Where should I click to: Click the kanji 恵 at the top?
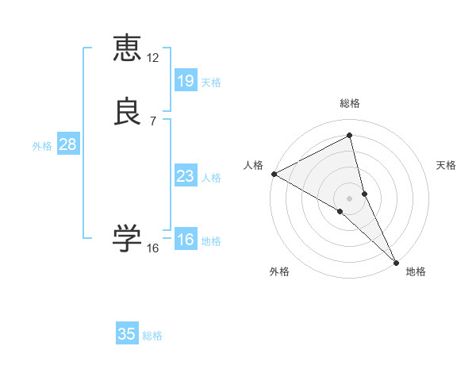127,48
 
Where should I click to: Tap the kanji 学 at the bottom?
127,237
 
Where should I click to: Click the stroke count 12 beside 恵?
153,58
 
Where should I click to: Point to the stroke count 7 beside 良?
153,121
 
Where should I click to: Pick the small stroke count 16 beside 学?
153,248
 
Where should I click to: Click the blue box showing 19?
185,81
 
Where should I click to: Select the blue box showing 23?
185,176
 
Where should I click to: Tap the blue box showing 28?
67,144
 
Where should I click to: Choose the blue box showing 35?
127,334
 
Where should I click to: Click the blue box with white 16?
185,240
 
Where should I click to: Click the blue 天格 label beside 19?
211,83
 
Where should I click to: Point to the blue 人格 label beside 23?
211,178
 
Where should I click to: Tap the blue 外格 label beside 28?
41,146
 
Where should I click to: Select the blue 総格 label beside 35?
152,336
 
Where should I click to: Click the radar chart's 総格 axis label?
350,103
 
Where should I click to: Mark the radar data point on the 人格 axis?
274,173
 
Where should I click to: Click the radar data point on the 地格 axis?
396,261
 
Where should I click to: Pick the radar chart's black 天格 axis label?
447,165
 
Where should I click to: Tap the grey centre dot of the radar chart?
350,198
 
